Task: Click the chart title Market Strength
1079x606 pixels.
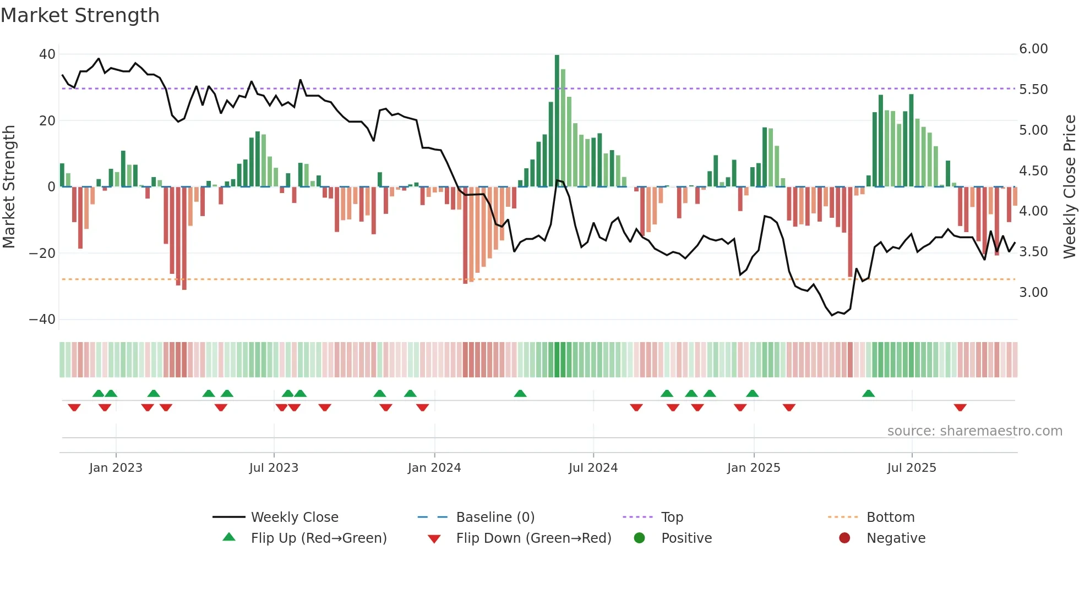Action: click(x=80, y=15)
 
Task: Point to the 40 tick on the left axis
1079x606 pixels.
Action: click(x=47, y=54)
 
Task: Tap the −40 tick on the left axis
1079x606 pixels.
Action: click(x=42, y=319)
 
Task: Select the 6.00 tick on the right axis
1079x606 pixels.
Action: click(x=1033, y=49)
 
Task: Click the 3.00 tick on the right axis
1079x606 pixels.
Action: click(x=1033, y=293)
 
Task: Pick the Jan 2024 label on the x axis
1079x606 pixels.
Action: click(x=434, y=468)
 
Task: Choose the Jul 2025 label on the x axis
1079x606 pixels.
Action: click(x=911, y=468)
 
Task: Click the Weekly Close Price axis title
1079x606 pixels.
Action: click(x=1069, y=187)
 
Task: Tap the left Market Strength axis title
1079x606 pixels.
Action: click(x=9, y=187)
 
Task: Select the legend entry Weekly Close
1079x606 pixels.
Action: click(x=294, y=517)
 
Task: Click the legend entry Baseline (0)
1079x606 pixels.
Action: click(x=495, y=517)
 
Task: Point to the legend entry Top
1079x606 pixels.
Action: click(x=672, y=517)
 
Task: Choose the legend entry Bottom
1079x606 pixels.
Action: click(x=890, y=517)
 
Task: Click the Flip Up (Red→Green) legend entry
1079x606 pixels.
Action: click(x=318, y=538)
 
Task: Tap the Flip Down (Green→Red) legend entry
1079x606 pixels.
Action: click(x=533, y=538)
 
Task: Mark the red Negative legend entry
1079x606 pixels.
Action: click(x=896, y=538)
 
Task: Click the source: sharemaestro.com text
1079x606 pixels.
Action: click(x=974, y=431)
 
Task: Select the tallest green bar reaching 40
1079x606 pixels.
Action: click(x=557, y=121)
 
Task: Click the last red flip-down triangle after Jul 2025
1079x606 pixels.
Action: click(x=960, y=407)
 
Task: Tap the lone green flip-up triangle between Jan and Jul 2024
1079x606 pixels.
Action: click(x=520, y=394)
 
